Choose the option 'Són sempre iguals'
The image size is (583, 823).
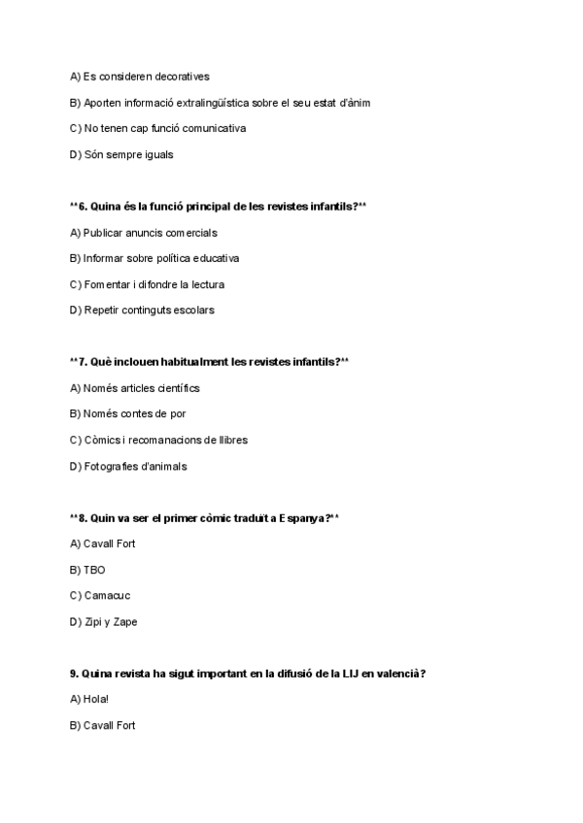[x=122, y=154]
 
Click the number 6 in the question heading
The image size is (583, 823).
[x=83, y=207]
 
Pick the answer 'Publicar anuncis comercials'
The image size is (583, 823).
[x=143, y=233]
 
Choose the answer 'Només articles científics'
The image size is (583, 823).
[x=134, y=388]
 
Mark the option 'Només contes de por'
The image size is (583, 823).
[x=127, y=413]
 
